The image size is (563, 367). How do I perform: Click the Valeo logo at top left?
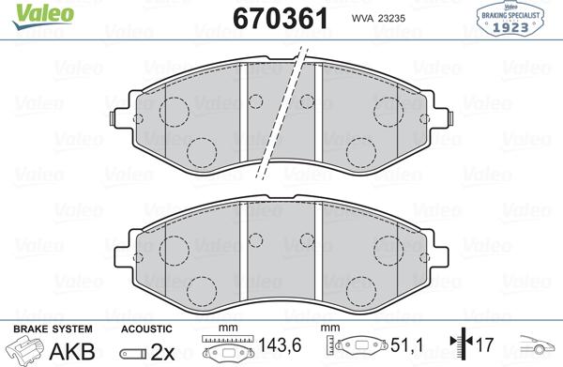point(43,16)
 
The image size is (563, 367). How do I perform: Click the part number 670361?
point(281,19)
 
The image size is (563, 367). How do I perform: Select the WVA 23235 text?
point(378,19)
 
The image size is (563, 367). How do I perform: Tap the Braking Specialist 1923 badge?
point(510,19)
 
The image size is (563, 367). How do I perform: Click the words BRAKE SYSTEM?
point(53,329)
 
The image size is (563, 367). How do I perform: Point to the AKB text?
point(72,351)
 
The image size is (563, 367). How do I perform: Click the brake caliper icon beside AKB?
point(27,349)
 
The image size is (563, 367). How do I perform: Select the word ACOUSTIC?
point(146,329)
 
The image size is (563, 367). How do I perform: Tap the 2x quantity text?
point(162,352)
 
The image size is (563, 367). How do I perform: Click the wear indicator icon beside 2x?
point(133,354)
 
